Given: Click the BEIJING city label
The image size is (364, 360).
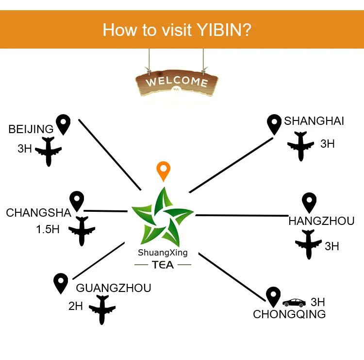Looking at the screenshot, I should point(31,129).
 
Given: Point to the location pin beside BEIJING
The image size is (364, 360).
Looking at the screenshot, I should point(63,124).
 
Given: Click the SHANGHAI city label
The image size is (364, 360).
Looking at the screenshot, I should point(314,121).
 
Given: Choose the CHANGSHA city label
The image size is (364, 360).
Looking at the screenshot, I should point(38,213).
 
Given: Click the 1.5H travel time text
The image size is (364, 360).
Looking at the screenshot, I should point(48,229).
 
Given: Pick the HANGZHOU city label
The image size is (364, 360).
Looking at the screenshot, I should point(321,222).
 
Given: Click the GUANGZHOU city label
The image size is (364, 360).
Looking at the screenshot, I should point(114,288).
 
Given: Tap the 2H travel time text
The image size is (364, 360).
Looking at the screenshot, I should point(76,307).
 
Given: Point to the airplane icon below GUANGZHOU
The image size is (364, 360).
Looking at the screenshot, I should point(101,309).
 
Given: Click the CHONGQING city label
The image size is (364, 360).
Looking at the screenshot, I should point(289,314).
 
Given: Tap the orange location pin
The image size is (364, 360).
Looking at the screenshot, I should point(164,171).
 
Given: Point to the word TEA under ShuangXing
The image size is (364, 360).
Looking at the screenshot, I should point(163,265).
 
